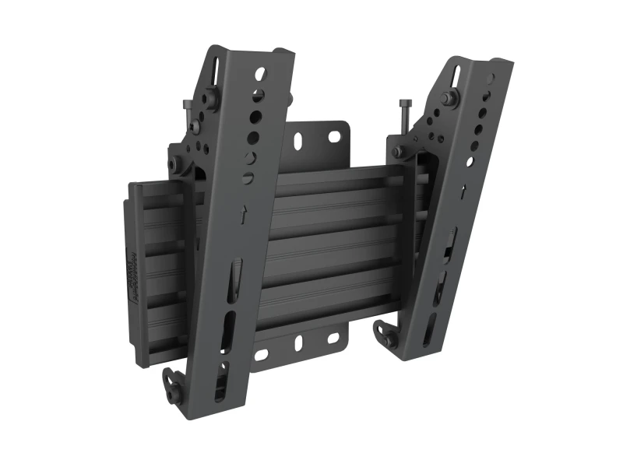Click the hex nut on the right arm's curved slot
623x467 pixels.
coord(449,98)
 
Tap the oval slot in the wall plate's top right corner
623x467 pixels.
coord(334,137)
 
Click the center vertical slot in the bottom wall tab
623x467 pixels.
coord(299,342)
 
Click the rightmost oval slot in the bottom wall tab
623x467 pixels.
coord(333,339)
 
